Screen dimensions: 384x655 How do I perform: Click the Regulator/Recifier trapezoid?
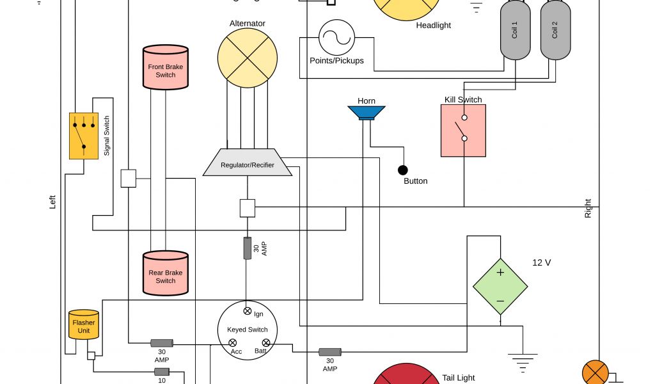248,163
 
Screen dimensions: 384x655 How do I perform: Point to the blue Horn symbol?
367,113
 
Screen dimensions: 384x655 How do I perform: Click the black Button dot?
403,170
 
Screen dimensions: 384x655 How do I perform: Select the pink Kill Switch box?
463,131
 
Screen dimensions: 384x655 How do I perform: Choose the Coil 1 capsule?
515,30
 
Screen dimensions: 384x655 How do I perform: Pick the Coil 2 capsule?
555,30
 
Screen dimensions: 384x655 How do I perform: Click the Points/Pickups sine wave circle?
337,37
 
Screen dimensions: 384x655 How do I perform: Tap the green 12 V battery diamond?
500,286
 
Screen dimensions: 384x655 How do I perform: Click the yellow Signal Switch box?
84,136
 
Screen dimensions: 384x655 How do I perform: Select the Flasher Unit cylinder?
84,325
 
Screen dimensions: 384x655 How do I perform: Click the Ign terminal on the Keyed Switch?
248,311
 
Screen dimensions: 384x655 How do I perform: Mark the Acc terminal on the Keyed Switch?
233,344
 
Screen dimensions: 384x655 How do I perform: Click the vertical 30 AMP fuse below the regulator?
248,248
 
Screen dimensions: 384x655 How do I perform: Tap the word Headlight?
433,26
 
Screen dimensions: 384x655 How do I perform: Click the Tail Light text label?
459,378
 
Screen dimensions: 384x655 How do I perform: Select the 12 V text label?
542,262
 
